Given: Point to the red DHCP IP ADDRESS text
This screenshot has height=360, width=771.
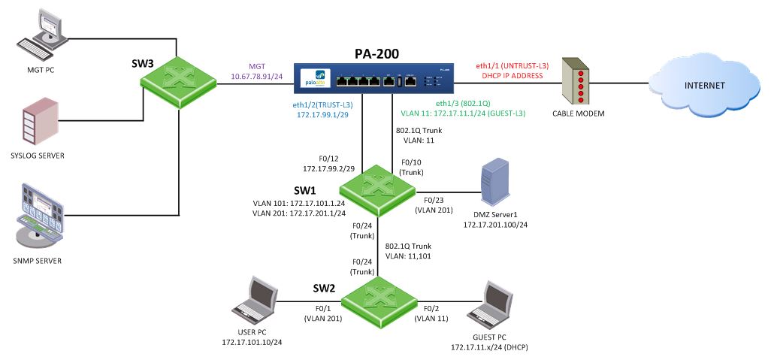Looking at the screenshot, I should tap(506, 76).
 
